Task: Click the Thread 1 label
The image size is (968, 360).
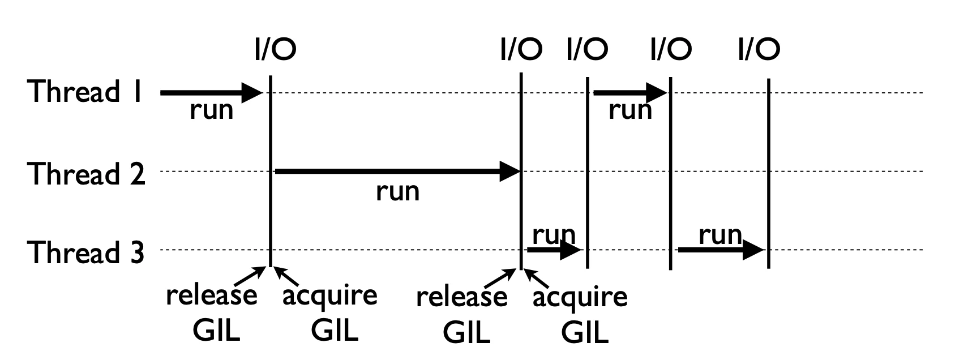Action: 85,91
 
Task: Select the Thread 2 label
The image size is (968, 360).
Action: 86,174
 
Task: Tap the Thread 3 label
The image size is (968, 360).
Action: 85,252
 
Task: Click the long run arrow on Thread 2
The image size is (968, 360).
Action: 397,172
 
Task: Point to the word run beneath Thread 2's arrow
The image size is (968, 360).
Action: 397,192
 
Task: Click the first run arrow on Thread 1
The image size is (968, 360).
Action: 211,93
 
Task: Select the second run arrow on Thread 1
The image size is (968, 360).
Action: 631,92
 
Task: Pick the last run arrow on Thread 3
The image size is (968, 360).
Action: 721,250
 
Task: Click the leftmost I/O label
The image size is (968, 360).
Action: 276,49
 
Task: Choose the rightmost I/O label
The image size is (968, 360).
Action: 759,49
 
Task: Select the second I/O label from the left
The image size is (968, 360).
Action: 521,49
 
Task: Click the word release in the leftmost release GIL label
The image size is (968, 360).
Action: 211,295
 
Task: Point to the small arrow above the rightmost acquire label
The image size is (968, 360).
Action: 537,278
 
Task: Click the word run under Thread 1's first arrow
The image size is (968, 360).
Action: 212,110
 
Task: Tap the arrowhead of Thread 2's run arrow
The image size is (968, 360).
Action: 510,172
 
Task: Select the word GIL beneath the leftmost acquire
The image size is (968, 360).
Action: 335,331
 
